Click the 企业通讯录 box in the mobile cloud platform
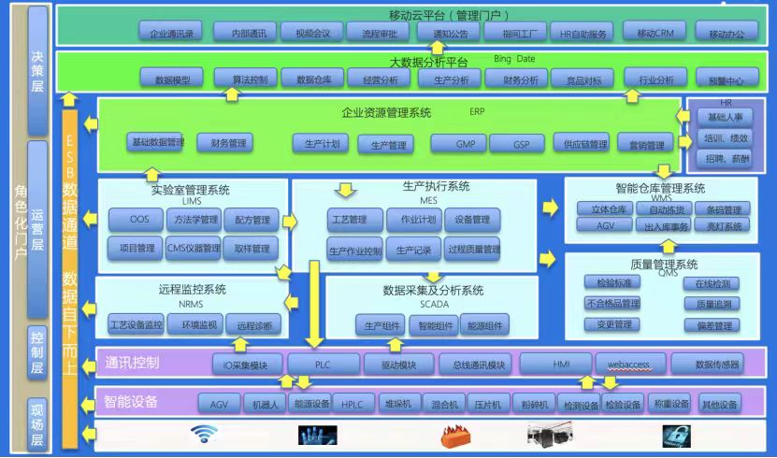(171, 33)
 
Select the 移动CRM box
(655, 32)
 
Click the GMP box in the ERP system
(465, 144)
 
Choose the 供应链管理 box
(580, 144)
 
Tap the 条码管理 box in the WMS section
(724, 209)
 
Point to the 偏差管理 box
(714, 325)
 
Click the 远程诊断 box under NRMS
(255, 325)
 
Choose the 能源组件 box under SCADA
(487, 325)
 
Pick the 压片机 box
(488, 404)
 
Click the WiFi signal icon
(203, 434)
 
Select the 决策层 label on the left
(38, 70)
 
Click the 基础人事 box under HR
(726, 117)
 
